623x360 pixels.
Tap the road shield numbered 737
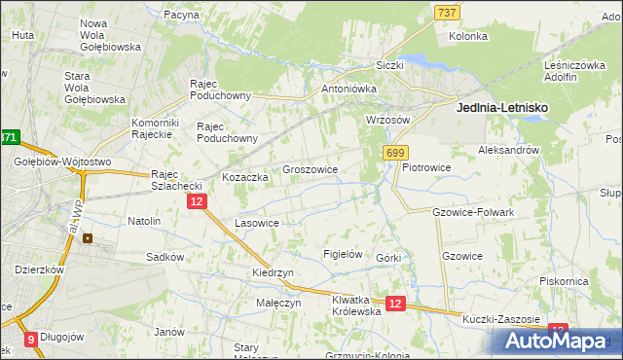tap(447, 12)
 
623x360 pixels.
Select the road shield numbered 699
tap(395, 154)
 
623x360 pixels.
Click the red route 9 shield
tap(30, 340)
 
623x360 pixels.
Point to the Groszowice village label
tap(310, 169)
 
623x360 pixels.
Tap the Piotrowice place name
tap(426, 166)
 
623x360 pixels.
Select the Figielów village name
tap(343, 254)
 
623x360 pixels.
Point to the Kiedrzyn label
tap(273, 273)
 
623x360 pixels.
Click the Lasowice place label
tap(257, 223)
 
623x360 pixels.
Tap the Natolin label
tap(144, 221)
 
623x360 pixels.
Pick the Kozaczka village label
tap(245, 178)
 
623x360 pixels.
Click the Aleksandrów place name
tap(508, 151)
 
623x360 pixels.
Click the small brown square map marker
tap(89, 236)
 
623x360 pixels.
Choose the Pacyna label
tap(182, 15)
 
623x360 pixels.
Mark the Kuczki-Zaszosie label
tap(501, 319)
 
